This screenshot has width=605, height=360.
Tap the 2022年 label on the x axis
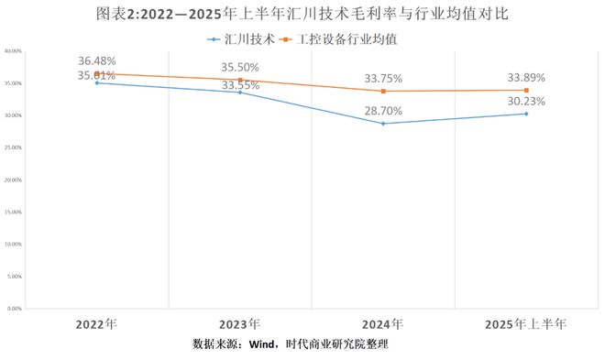(x=96, y=324)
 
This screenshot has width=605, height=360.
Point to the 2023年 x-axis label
(x=240, y=324)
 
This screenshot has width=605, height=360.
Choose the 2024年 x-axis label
(x=383, y=324)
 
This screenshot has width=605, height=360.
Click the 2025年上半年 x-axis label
(x=526, y=324)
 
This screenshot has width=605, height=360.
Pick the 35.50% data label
(x=240, y=68)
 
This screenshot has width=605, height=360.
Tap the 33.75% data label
(x=383, y=79)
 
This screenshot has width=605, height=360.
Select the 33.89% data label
(x=526, y=78)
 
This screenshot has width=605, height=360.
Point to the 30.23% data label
(x=526, y=102)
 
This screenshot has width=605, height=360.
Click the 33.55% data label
(x=240, y=85)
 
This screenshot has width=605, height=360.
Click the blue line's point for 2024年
(x=383, y=124)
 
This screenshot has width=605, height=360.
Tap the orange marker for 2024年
(x=383, y=91)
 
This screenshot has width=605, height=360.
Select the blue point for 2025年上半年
(x=526, y=114)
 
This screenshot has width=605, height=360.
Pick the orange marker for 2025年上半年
(x=526, y=90)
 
